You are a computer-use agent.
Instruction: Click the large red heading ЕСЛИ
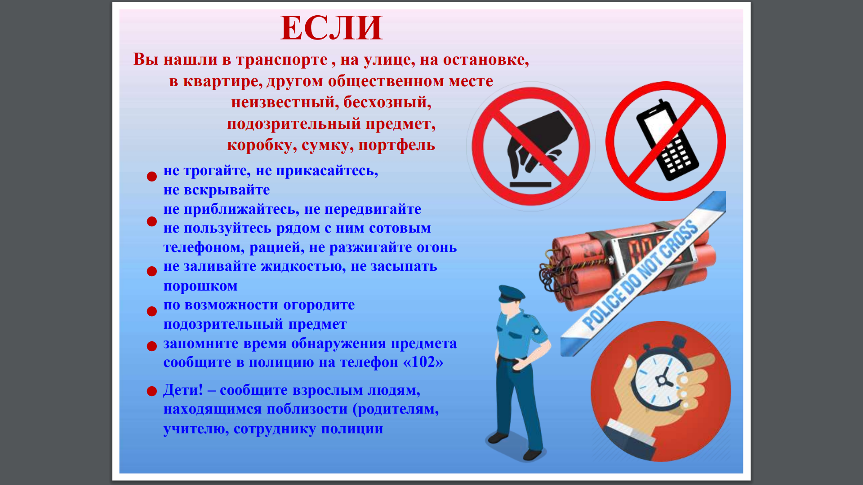pyautogui.click(x=332, y=28)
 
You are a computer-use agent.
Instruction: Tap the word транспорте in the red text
pyautogui.click(x=282, y=60)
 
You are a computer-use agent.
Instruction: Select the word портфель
pyautogui.click(x=397, y=145)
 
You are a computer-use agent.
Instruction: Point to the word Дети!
pyautogui.click(x=183, y=390)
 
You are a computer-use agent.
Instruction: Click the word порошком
pyautogui.click(x=200, y=287)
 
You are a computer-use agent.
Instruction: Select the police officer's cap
pyautogui.click(x=511, y=294)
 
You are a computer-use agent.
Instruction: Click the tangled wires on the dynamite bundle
pyautogui.click(x=552, y=272)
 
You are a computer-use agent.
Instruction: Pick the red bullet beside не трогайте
pyautogui.click(x=152, y=176)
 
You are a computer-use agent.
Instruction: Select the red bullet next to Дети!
pyautogui.click(x=152, y=391)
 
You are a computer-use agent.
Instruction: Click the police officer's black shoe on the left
pyautogui.click(x=498, y=437)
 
